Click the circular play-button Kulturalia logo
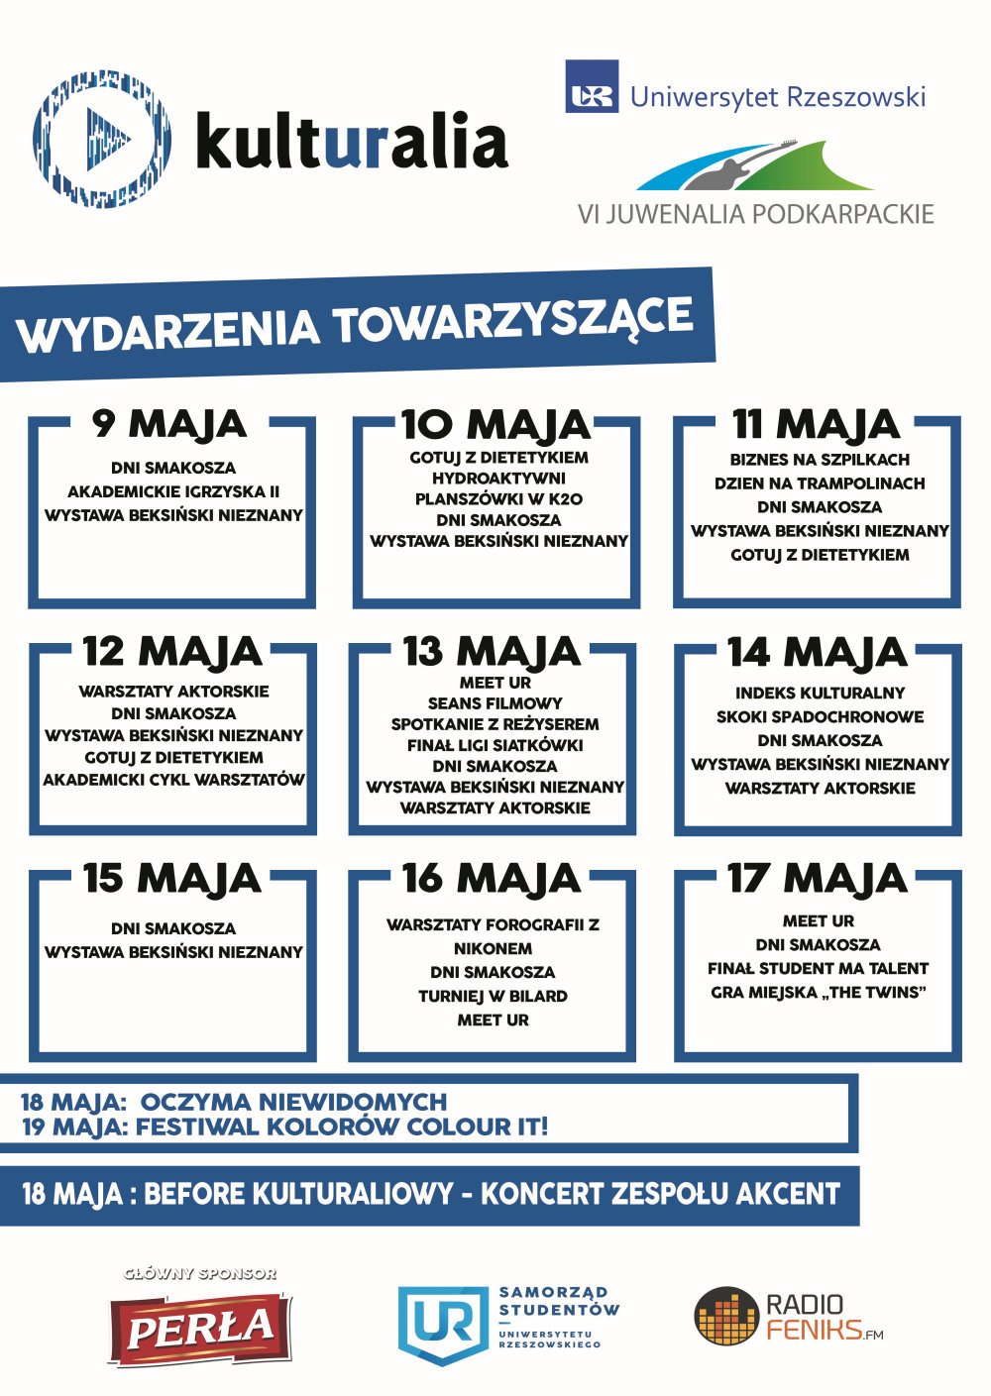click(x=101, y=138)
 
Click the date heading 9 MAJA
click(x=169, y=424)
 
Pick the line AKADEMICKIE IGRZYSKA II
click(x=173, y=491)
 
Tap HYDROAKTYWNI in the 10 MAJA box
click(x=498, y=479)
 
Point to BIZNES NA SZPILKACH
click(x=820, y=460)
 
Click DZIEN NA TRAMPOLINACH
click(x=820, y=483)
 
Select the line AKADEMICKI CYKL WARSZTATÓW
click(x=173, y=780)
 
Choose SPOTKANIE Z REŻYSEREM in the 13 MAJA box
click(x=495, y=724)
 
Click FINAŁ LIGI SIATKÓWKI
click(x=495, y=745)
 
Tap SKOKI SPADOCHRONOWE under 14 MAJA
click(x=820, y=716)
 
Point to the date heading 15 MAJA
click(x=171, y=879)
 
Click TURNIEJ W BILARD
click(x=493, y=996)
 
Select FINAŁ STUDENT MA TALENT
click(x=818, y=968)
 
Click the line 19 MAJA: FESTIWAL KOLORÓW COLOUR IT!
click(x=284, y=1127)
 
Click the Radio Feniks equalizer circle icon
click(x=726, y=1317)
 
